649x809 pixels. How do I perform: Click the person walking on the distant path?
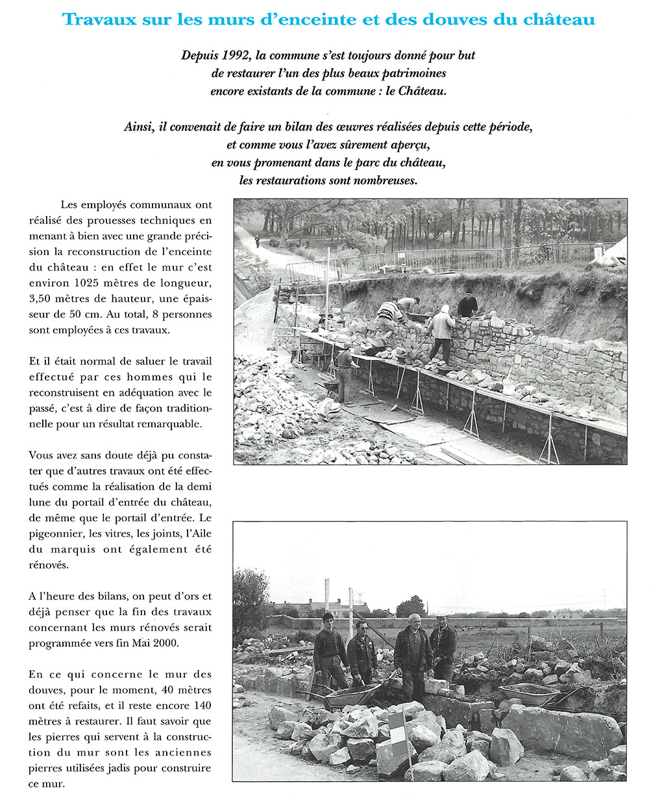click(x=257, y=241)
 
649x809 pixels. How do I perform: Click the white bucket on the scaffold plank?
click(x=509, y=387)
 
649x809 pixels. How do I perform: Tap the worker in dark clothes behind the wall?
click(x=467, y=304)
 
